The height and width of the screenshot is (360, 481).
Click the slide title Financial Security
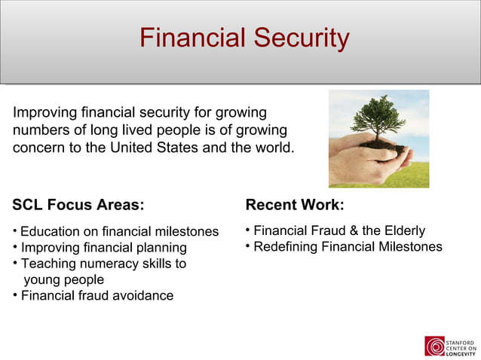[x=244, y=38]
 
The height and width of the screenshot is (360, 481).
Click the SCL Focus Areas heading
[x=78, y=205]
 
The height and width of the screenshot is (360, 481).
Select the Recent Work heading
[x=295, y=205]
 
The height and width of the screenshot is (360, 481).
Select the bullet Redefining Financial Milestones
[x=348, y=247]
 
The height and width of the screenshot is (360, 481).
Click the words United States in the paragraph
[x=155, y=146]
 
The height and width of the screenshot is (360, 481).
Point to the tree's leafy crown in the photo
[x=377, y=113]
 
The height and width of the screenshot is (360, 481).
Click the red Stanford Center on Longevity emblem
[x=435, y=346]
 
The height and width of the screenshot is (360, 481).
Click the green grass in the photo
[x=415, y=177]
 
